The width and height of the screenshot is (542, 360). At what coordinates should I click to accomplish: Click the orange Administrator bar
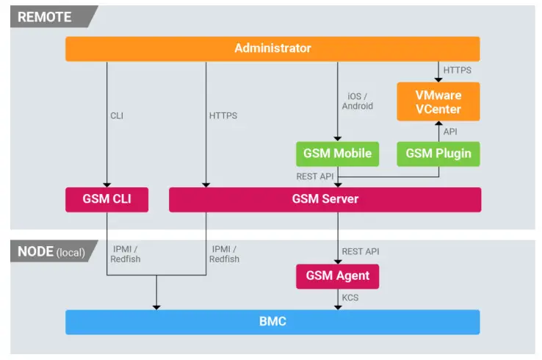coord(272,48)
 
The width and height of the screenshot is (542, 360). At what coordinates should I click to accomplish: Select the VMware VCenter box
coord(438,102)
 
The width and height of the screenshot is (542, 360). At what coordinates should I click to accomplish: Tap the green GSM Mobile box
coord(337,154)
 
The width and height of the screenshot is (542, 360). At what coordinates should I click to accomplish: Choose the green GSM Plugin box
coord(438,154)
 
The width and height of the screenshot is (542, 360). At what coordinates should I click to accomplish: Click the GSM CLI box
coord(107,199)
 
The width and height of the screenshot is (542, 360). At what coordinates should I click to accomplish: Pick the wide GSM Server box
coord(325,199)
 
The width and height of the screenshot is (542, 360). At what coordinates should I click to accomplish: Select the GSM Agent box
coord(337,276)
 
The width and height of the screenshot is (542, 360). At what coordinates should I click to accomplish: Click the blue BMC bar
coord(272,322)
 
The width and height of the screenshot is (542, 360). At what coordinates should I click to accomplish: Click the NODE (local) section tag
coord(51,252)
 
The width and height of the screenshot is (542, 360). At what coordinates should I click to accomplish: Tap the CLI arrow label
coord(118,115)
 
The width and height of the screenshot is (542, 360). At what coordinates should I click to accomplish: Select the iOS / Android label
coord(358,101)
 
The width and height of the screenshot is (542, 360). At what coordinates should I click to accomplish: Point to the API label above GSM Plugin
coord(451,132)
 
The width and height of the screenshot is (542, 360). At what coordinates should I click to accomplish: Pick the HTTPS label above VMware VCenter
coord(457,71)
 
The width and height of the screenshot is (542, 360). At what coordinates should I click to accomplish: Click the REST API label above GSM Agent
coord(361,252)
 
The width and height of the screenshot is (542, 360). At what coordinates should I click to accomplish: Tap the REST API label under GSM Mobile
coord(316,176)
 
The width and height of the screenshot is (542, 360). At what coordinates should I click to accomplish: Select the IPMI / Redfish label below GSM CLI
coord(126,254)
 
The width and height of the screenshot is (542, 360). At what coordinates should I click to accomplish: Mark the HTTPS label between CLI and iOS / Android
coord(223,115)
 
